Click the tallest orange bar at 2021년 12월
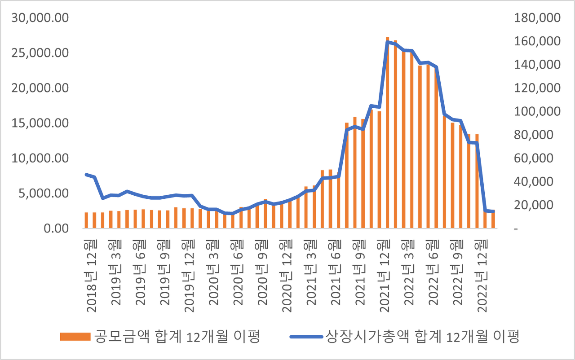click(x=388, y=135)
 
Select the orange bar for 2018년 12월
click(x=86, y=220)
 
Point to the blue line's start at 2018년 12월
click(x=86, y=174)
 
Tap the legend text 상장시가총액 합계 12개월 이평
click(x=422, y=336)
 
